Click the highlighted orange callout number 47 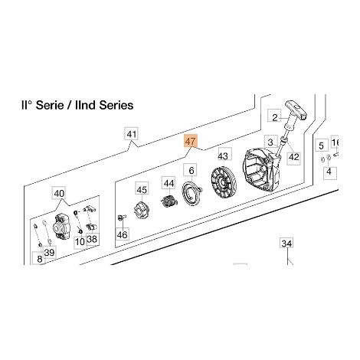click(191, 141)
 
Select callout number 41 click(132, 133)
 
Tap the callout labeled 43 click(223, 155)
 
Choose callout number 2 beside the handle click(274, 117)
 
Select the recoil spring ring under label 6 click(191, 192)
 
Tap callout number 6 click(191, 170)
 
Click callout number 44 click(169, 183)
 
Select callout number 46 click(122, 234)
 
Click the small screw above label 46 click(122, 217)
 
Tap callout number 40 click(59, 193)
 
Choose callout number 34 click(286, 244)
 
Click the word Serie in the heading click(50, 105)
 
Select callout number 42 click(293, 157)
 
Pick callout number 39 click(49, 252)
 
